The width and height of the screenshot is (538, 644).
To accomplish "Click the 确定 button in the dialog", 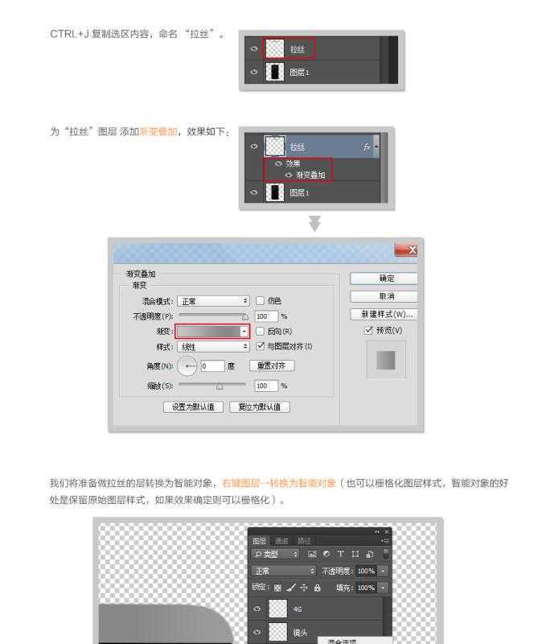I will (x=384, y=279).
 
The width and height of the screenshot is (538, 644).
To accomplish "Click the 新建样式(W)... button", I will (x=384, y=314).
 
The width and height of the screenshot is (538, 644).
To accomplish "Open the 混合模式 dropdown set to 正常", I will (x=213, y=301).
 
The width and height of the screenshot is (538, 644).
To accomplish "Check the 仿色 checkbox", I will (x=260, y=301).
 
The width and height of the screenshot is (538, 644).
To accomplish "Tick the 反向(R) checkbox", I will (x=260, y=331).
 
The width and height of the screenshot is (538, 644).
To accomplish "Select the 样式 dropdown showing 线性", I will (x=213, y=346).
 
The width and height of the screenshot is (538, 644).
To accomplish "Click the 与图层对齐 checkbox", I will (x=260, y=346).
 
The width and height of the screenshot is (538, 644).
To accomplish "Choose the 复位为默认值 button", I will (x=259, y=407).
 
